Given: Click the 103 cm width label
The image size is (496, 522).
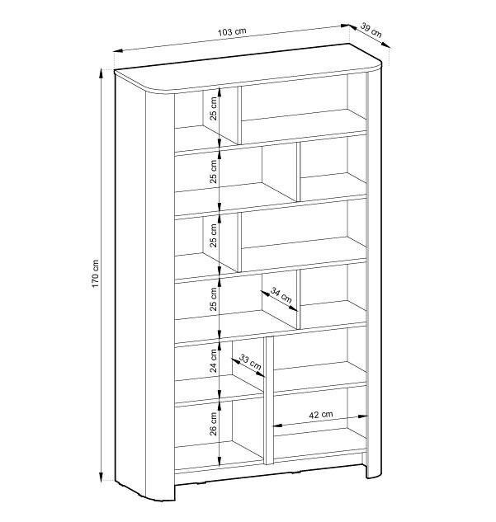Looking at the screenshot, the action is (232, 32).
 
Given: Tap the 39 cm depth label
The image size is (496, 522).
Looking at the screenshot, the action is (371, 31).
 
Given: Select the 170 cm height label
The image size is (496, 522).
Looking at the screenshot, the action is (95, 274).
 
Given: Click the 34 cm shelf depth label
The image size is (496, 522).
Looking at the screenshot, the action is (281, 295).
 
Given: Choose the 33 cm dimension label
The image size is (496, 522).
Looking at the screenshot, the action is (250, 363).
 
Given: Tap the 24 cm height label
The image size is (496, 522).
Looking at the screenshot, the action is (213, 360).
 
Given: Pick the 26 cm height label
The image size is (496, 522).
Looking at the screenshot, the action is (213, 424).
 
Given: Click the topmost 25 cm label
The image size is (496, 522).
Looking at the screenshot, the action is (213, 108).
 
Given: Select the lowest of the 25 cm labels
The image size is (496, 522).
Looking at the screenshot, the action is (213, 299).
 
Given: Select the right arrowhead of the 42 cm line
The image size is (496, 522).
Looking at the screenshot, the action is (362, 416).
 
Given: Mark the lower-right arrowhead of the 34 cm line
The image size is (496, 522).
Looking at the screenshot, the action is (293, 308).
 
